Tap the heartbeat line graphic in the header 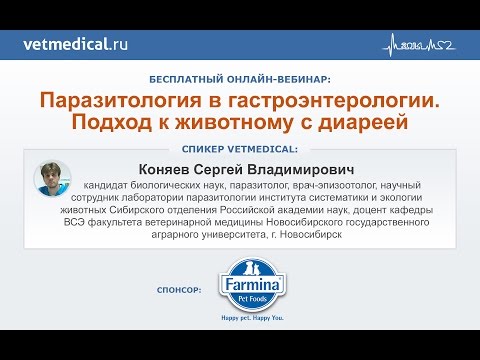(421, 45)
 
